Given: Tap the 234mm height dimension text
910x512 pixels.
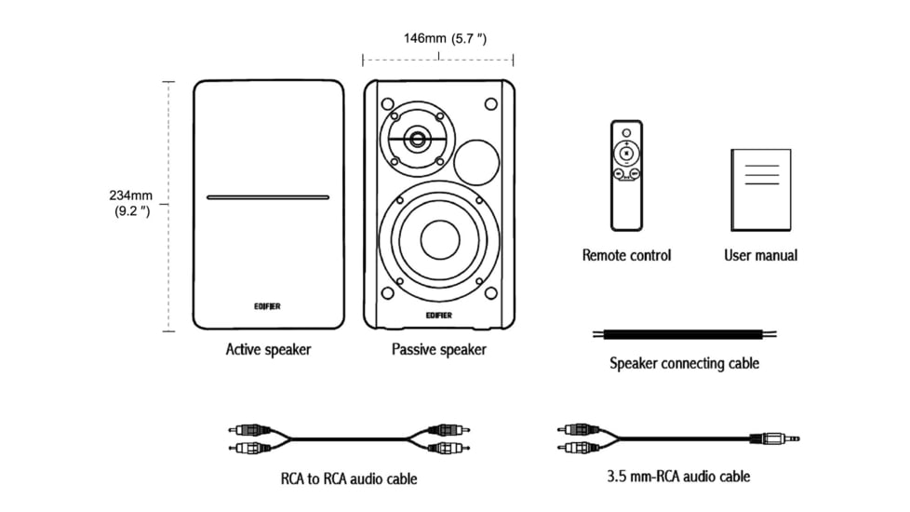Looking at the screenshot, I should point(130,203).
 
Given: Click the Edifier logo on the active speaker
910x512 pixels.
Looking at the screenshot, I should point(267,303).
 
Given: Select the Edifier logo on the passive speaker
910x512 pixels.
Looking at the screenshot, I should point(438,314).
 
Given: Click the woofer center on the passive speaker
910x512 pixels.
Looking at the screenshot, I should point(439,239).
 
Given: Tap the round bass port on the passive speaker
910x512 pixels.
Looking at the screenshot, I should point(477,162).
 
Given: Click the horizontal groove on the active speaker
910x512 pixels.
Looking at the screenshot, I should point(267,197).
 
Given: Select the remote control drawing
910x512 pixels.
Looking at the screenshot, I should point(626,175).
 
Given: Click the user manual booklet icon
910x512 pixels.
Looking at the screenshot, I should point(760,189).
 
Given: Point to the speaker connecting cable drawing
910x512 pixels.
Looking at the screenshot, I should point(685,333).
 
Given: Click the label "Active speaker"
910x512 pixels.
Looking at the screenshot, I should point(268,350).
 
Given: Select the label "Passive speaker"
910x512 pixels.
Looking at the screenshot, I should point(438,350).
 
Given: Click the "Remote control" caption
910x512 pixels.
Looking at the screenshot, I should point(626,255).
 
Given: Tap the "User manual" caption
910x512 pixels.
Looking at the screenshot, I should point(760,255).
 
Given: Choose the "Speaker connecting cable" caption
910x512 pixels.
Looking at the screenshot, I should point(684,363).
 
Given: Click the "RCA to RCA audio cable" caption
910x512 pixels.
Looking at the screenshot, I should point(349,478).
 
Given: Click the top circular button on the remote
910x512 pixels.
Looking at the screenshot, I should point(626,131).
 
